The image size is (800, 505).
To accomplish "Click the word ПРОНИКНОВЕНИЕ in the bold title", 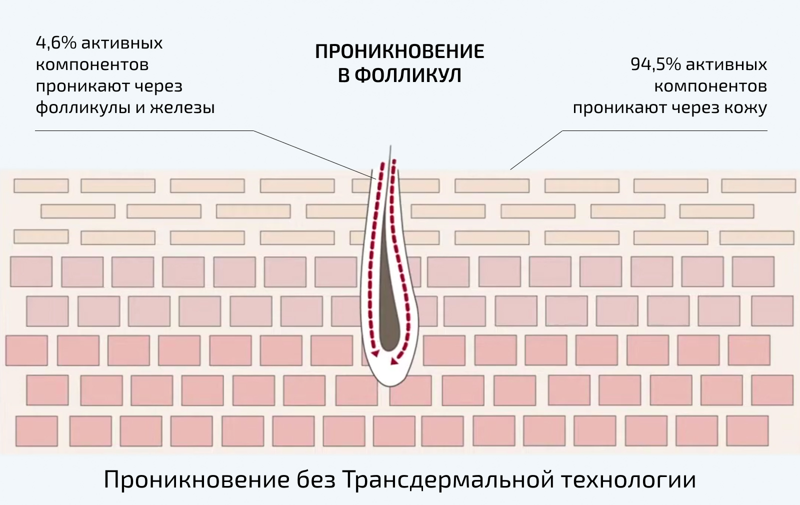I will point(399,52).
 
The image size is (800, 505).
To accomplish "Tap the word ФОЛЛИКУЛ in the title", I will point(408,75).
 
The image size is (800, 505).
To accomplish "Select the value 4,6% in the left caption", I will point(56,43).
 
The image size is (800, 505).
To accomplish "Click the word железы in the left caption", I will point(182,107).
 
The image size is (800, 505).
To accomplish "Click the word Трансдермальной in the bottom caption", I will point(448,480).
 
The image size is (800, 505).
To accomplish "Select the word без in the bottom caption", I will point(316,480).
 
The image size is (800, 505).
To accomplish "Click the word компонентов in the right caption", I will point(710,86).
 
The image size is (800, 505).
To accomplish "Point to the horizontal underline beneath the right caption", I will point(665,131).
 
